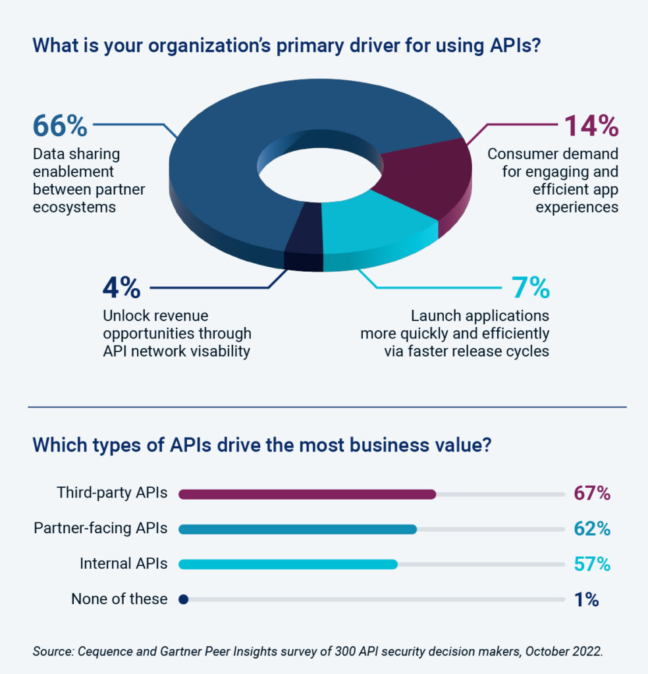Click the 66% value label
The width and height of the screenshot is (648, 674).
click(x=60, y=126)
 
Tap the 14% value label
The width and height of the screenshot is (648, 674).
click(x=587, y=126)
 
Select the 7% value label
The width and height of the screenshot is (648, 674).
click(x=530, y=288)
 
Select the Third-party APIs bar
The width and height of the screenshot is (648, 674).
click(x=307, y=494)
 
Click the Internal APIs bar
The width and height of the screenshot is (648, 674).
click(x=288, y=564)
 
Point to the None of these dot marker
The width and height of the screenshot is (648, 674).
click(x=184, y=599)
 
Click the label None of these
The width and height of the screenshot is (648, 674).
click(x=119, y=599)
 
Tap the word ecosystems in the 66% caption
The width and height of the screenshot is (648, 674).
click(x=76, y=207)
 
